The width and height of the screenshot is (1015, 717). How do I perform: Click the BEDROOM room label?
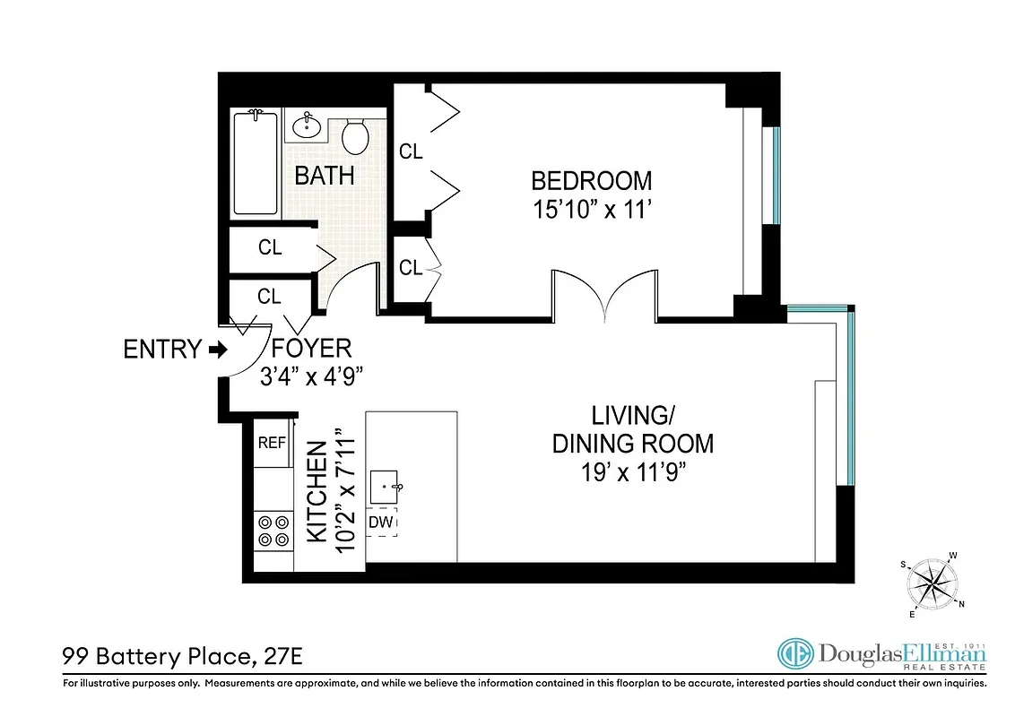pos(592,180)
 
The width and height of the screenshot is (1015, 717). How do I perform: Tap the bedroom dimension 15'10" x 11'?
pos(592,212)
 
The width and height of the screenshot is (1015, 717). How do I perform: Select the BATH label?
pos(325,176)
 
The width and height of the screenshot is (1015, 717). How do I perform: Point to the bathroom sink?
pos(308,125)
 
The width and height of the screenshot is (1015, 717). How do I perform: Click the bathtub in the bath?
pos(256,162)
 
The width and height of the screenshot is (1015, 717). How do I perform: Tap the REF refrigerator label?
pos(271,443)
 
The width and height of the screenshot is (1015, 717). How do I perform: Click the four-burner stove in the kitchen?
pos(273,531)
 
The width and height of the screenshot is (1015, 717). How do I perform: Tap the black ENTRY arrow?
pos(217,350)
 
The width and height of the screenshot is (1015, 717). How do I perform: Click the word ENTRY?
pos(162,350)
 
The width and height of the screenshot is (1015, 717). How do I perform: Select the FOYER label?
pos(312,348)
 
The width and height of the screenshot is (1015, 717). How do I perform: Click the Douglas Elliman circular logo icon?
pos(795,654)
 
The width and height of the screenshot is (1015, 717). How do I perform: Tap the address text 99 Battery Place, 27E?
pos(182,657)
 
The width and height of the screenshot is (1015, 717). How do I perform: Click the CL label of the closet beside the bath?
pos(270,248)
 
